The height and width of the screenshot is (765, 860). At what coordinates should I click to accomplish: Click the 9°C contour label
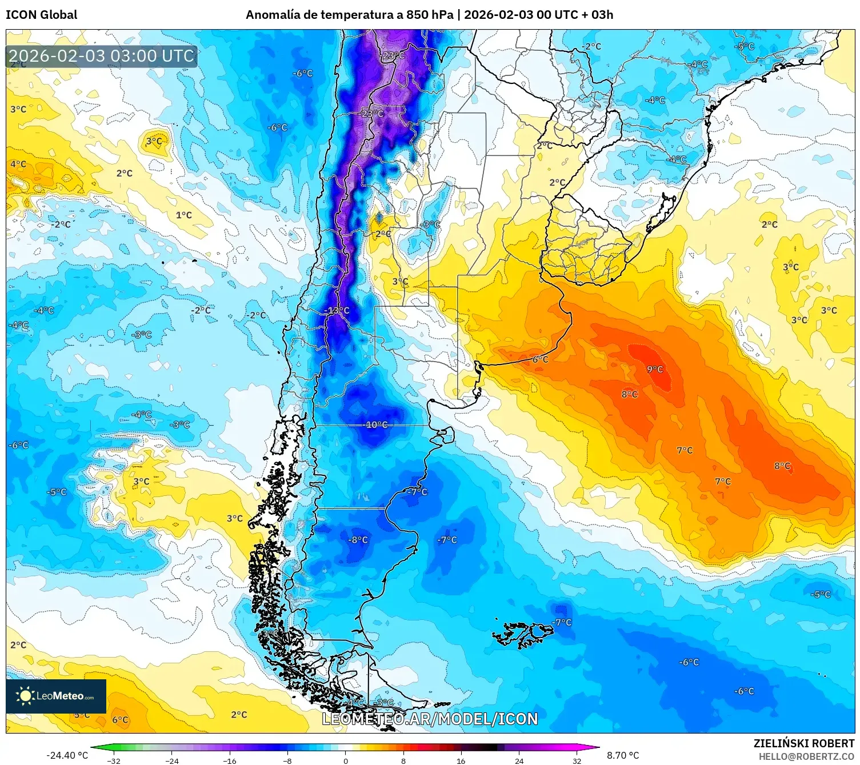(655, 370)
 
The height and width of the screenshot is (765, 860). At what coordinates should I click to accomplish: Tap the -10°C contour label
(376, 424)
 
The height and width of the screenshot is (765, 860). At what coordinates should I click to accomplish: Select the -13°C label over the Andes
(337, 310)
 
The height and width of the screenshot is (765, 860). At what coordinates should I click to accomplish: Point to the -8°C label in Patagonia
(358, 540)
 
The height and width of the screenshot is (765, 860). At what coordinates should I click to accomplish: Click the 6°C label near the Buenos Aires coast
(540, 359)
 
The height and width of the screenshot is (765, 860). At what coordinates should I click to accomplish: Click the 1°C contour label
(184, 215)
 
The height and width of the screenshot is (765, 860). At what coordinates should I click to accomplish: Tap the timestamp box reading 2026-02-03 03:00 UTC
(102, 56)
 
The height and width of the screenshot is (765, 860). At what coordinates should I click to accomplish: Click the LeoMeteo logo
(56, 696)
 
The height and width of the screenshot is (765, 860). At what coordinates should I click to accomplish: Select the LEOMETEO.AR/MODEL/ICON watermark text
(430, 719)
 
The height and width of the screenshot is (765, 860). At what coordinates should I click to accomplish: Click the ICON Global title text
(41, 15)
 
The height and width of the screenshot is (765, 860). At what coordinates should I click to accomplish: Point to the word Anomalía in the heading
(273, 15)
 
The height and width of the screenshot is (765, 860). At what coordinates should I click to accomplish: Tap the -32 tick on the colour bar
(114, 760)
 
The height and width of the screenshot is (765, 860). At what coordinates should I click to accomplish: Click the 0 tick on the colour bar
(345, 760)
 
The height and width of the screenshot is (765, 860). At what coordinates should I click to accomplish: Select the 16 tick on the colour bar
(461, 760)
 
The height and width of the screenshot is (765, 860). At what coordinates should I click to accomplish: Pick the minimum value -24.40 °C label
(67, 755)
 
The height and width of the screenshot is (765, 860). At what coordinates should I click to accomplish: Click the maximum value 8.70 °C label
(623, 755)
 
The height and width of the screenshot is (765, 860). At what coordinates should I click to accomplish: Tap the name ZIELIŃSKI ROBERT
(804, 743)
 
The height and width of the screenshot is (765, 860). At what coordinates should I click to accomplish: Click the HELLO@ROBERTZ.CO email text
(806, 756)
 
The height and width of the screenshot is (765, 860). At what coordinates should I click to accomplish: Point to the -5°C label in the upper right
(745, 46)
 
